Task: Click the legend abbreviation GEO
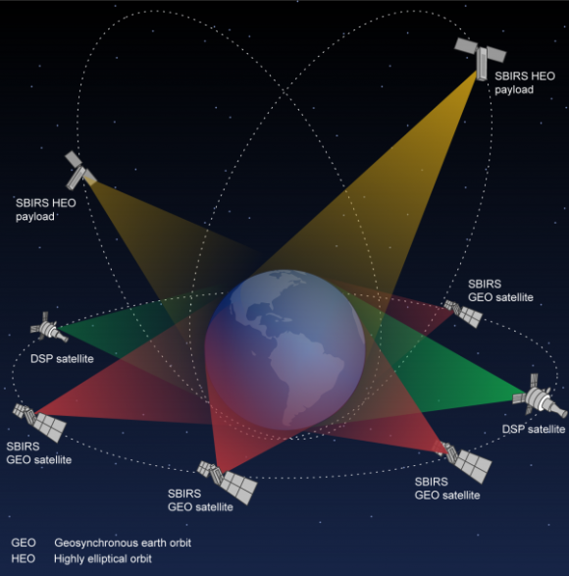[24, 543]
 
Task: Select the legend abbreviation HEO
[24, 558]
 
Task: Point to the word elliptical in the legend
[105, 559]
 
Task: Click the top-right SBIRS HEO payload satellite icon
[481, 58]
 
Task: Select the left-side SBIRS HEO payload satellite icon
[79, 171]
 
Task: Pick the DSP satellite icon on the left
[49, 328]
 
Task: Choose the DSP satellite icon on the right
[540, 396]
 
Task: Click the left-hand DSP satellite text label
[62, 358]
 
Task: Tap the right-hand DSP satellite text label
[534, 429]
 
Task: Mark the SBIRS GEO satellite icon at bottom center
[228, 482]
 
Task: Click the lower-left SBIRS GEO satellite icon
[40, 422]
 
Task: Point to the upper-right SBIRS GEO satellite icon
[463, 313]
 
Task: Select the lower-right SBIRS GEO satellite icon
[464, 461]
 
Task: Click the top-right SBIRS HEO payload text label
[525, 83]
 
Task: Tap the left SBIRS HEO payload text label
[46, 210]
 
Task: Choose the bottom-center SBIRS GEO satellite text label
[200, 500]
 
